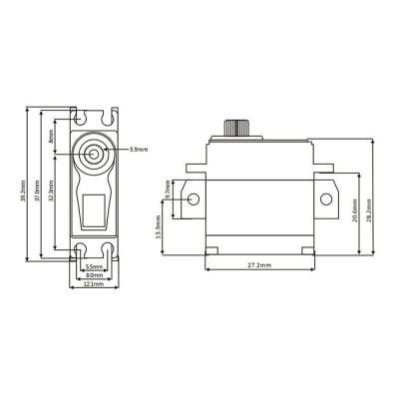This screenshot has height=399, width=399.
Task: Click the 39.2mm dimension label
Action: (x=23, y=187)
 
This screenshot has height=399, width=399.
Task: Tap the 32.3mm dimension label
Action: (x=53, y=196)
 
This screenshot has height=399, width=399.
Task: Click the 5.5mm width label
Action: (x=93, y=266)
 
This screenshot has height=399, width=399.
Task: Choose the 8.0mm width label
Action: (x=93, y=275)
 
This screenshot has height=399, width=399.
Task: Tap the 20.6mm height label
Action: (x=356, y=209)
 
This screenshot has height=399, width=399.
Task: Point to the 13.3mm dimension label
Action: (x=161, y=228)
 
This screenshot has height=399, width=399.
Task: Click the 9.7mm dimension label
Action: (x=169, y=189)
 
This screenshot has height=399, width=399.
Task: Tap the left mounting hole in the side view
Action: (x=194, y=199)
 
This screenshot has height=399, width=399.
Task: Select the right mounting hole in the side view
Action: (x=324, y=199)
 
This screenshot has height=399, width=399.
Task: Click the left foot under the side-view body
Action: (x=212, y=247)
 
